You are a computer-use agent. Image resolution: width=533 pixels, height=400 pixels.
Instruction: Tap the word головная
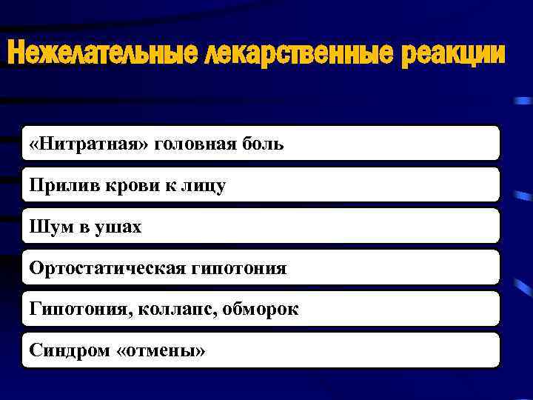point(198,143)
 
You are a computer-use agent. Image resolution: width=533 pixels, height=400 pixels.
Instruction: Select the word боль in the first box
point(263,143)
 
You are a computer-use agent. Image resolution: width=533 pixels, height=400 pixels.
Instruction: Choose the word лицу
point(204,187)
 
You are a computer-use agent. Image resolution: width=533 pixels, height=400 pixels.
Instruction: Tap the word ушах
point(119,227)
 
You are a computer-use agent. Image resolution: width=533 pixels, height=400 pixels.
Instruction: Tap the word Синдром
point(70,351)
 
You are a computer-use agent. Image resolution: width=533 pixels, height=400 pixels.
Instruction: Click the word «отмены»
point(161,351)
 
